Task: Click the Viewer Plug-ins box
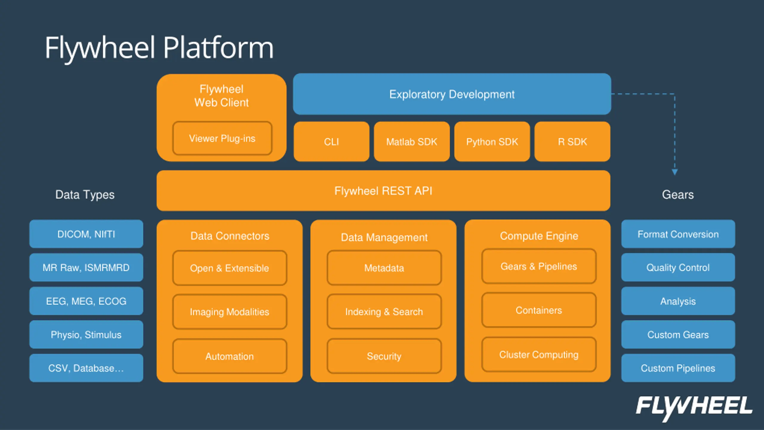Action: pyautogui.click(x=222, y=138)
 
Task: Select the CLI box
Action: pyautogui.click(x=332, y=142)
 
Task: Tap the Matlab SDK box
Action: pyautogui.click(x=412, y=142)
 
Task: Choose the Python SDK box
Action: pyautogui.click(x=492, y=142)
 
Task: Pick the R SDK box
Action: pyautogui.click(x=572, y=142)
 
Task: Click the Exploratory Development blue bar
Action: pyautogui.click(x=452, y=94)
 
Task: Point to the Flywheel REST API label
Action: pyautogui.click(x=383, y=191)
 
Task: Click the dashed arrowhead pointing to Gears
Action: pyautogui.click(x=675, y=172)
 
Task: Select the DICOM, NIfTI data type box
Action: pyautogui.click(x=86, y=234)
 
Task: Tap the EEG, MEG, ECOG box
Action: pyautogui.click(x=86, y=301)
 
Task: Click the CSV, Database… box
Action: pyautogui.click(x=86, y=368)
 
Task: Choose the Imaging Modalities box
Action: pyautogui.click(x=229, y=312)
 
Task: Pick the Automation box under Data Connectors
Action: pyautogui.click(x=229, y=356)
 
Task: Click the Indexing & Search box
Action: pyautogui.click(x=384, y=312)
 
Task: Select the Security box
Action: pyautogui.click(x=384, y=356)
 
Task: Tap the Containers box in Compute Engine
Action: pyautogui.click(x=539, y=310)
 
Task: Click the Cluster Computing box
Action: pyautogui.click(x=539, y=355)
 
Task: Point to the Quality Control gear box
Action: pyautogui.click(x=678, y=267)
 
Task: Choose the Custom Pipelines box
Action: pyautogui.click(x=678, y=368)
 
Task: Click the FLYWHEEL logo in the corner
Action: pyautogui.click(x=694, y=408)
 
